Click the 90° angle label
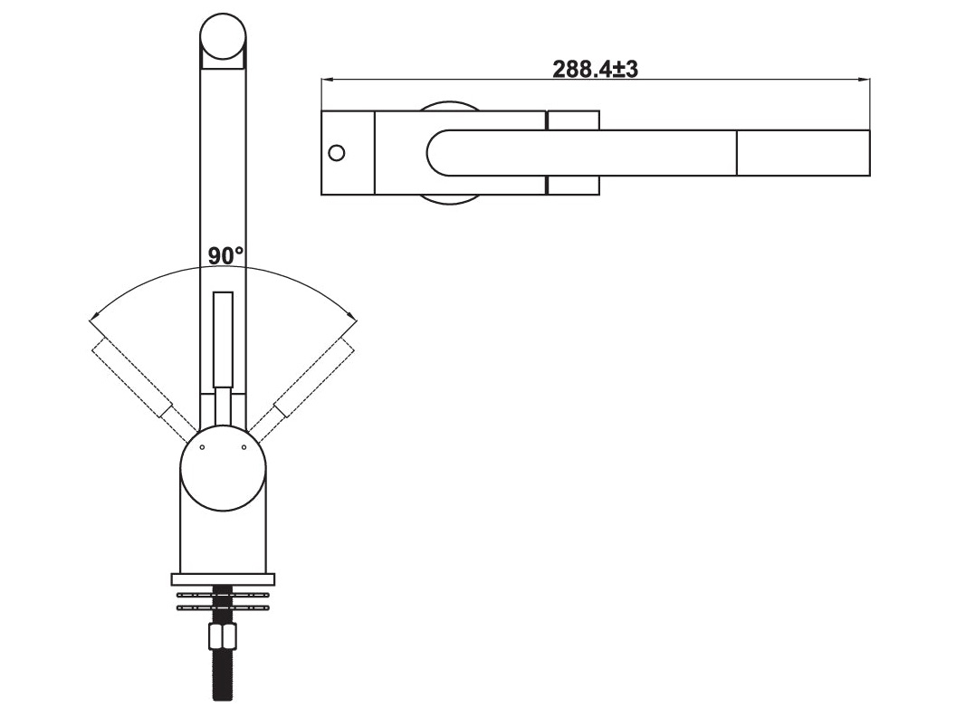point(225,256)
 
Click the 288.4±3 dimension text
point(596,69)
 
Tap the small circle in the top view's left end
point(336,152)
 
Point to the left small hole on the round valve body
point(202,447)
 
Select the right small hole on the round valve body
point(244,447)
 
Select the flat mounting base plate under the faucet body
point(223,578)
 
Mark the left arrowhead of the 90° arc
point(92,319)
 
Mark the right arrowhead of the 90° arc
point(354,319)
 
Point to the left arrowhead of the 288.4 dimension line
point(326,80)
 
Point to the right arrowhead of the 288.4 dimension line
point(866,80)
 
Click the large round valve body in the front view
point(223,468)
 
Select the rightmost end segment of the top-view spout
point(803,152)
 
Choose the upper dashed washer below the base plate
point(223,595)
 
